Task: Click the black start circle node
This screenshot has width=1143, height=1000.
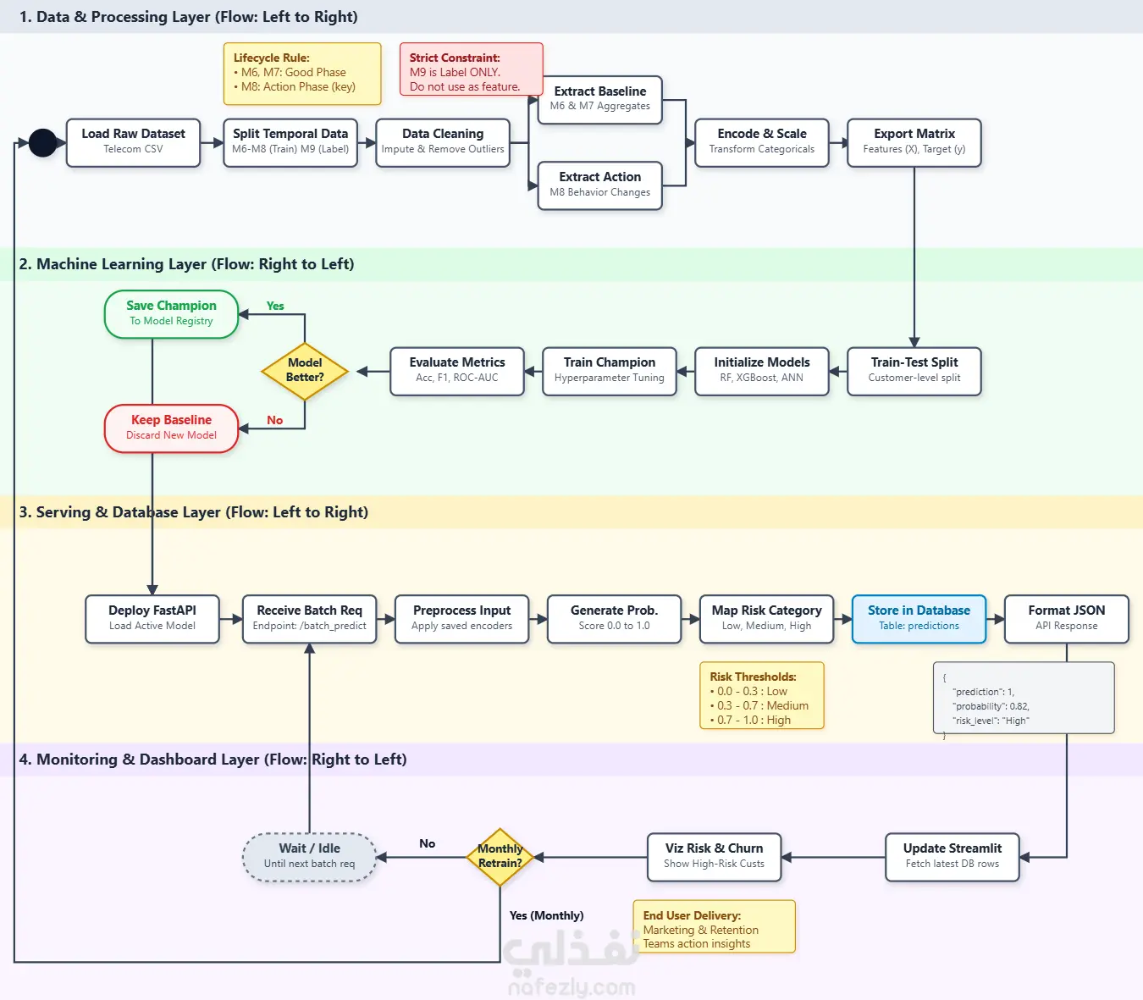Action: click(x=42, y=142)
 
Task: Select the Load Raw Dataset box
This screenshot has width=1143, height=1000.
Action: click(x=133, y=142)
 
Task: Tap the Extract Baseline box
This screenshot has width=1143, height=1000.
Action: click(x=600, y=99)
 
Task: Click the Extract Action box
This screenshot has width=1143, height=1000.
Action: click(x=600, y=185)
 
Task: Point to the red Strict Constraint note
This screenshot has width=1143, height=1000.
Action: click(x=471, y=69)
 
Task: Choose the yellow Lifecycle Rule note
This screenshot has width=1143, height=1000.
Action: click(x=302, y=74)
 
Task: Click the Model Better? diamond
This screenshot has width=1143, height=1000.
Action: click(x=305, y=371)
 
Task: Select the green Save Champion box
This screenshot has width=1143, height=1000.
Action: click(x=172, y=314)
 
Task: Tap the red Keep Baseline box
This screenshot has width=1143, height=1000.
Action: click(x=172, y=428)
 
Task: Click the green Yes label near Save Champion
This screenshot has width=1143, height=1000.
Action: click(x=275, y=306)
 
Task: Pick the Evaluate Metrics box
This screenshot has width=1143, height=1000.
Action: click(x=457, y=371)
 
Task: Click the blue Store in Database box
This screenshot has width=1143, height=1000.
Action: click(x=919, y=619)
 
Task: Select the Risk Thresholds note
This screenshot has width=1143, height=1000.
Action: click(x=762, y=695)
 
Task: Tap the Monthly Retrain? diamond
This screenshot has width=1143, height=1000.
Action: click(x=500, y=857)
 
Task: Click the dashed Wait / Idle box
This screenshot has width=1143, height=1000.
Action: click(x=310, y=857)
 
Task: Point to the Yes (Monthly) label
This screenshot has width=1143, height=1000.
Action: click(x=546, y=915)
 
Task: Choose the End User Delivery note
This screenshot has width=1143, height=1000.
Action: click(x=714, y=926)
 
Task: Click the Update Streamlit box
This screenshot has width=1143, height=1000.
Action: click(x=952, y=857)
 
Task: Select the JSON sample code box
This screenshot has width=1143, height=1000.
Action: click(x=1024, y=698)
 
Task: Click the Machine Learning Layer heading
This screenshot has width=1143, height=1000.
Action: click(x=186, y=263)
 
